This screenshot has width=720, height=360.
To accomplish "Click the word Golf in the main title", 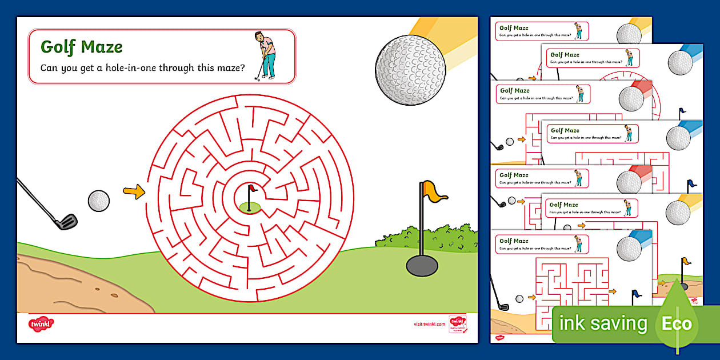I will click(58, 46).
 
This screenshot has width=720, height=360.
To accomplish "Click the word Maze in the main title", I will click(101, 46).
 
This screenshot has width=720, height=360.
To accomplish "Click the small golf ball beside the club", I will click(98, 201).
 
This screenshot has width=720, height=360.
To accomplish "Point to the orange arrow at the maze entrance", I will click(134, 192).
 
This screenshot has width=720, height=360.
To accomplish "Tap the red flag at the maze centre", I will click(253, 189).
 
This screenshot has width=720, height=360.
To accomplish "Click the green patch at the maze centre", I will click(250, 207).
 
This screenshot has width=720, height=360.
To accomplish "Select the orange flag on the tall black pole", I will click(435, 191).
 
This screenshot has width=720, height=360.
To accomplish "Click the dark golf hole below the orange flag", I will click(422, 265).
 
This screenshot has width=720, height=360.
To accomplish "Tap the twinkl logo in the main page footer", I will click(41, 324).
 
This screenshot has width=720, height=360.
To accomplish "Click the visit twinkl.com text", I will click(429, 324).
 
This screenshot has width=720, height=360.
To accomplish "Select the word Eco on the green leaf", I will click(677, 324).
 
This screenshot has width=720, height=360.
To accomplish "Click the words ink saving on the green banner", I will click(603, 323).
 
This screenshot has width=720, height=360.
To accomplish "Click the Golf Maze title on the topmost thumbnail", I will click(514, 27).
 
